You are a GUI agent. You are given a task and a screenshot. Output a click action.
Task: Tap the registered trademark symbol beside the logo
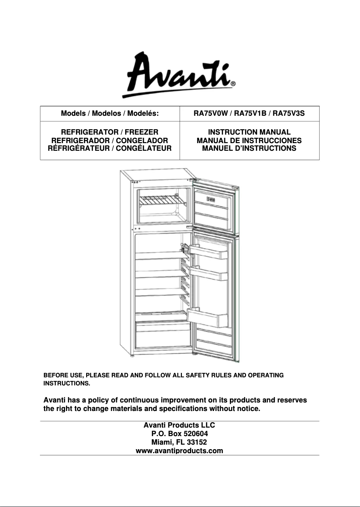click(x=233, y=83)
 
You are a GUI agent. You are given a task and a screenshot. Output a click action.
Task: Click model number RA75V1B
click(x=250, y=114)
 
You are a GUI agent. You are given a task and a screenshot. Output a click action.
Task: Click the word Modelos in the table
click(x=106, y=114)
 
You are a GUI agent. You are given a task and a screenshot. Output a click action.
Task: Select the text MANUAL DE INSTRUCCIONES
click(x=249, y=140)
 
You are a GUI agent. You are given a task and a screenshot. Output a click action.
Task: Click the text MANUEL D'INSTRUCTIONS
click(x=249, y=148)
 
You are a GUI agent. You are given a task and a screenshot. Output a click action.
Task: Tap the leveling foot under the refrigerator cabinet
click(x=132, y=357)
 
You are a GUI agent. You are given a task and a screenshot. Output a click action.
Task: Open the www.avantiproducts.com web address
click(x=180, y=450)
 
